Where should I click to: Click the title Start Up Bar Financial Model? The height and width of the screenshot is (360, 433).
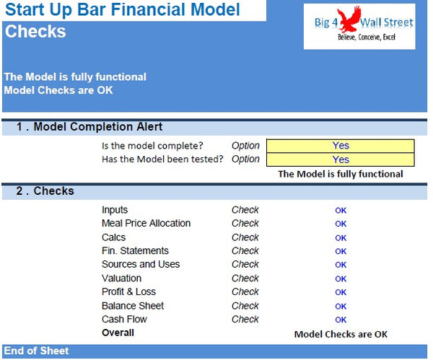pos(123,10)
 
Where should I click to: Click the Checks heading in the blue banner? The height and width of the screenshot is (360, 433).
pos(35,32)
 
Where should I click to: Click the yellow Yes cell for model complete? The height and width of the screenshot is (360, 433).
pos(341,146)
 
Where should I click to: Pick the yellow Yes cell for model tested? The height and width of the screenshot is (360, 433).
pos(341,159)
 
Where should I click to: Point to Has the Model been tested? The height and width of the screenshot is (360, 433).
pos(162,159)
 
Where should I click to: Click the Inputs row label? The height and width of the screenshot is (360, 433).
pos(115,210)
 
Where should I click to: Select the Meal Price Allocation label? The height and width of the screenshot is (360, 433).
pos(146,224)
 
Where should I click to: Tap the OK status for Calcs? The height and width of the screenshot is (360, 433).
pos(341,237)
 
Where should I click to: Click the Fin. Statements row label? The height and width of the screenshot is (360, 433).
pos(135,251)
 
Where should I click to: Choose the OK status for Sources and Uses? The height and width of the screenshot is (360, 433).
pos(341,265)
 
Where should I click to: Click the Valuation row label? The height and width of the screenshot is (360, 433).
pos(121,278)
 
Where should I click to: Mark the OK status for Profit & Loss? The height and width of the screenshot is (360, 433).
pos(341,292)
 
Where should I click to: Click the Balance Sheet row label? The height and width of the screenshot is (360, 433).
pos(132,306)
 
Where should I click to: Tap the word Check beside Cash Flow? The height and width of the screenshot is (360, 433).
pos(245,319)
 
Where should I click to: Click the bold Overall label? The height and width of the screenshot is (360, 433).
pos(118,333)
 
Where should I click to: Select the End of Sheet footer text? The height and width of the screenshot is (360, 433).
pos(36,351)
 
